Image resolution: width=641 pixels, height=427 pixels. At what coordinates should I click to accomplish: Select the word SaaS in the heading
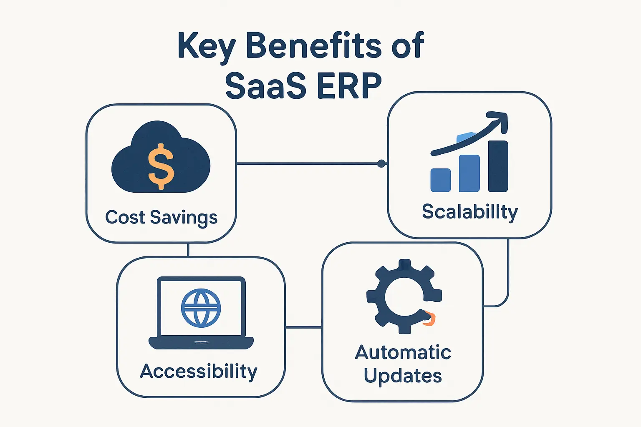click(x=265, y=85)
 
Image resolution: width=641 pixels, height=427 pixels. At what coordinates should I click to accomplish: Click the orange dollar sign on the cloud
click(x=161, y=166)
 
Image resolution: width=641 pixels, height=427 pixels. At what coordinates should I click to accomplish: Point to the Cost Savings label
click(x=161, y=217)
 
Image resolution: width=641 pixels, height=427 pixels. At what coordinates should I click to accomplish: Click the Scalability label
click(x=469, y=212)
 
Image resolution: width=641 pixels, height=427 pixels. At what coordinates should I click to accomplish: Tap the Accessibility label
click(x=199, y=371)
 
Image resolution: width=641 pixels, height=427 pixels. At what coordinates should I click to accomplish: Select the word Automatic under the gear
click(x=403, y=352)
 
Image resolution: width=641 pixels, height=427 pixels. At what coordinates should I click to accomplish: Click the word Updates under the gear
click(x=403, y=376)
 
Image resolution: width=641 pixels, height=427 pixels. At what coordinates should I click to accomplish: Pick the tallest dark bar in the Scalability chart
click(x=498, y=166)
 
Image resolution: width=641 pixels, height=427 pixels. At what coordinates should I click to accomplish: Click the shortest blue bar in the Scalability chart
click(x=441, y=180)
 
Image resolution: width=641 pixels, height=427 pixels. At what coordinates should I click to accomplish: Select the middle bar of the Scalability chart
click(x=469, y=173)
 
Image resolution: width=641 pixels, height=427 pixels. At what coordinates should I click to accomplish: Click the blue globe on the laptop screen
click(x=201, y=308)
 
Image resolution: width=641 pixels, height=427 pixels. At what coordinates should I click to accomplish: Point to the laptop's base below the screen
click(x=201, y=343)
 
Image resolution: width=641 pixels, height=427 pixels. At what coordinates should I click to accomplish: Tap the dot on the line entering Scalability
click(x=381, y=163)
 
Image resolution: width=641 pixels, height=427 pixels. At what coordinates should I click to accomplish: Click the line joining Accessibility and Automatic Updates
click(x=303, y=328)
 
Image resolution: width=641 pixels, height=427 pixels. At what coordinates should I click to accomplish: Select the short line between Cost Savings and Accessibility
click(x=188, y=250)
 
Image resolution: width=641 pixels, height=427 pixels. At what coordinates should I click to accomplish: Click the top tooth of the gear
click(x=404, y=265)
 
